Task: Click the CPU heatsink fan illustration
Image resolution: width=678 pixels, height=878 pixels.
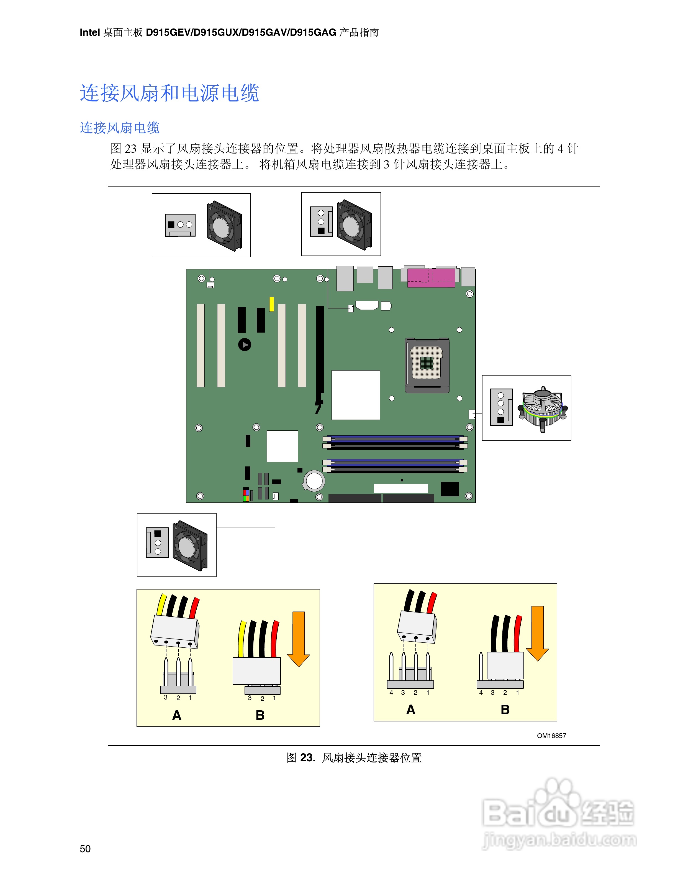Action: click(543, 409)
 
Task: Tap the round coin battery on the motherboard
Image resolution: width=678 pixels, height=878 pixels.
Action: click(314, 480)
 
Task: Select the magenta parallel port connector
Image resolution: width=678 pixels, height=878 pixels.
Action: click(431, 278)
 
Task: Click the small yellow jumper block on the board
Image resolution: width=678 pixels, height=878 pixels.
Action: click(271, 304)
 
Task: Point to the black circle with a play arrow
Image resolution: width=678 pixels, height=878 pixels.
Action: click(245, 344)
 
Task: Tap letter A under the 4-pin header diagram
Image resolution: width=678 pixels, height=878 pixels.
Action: click(410, 709)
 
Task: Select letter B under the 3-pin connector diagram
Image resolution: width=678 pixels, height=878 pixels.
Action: click(260, 715)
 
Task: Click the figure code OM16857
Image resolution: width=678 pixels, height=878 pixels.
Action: click(551, 736)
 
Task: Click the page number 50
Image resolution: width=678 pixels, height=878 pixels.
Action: click(85, 849)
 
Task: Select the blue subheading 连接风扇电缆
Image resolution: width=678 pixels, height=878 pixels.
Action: click(120, 128)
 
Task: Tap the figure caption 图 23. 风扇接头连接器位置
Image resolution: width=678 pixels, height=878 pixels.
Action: click(353, 758)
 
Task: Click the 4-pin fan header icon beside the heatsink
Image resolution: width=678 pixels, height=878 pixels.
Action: click(501, 407)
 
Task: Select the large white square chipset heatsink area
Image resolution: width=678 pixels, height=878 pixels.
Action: click(355, 395)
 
